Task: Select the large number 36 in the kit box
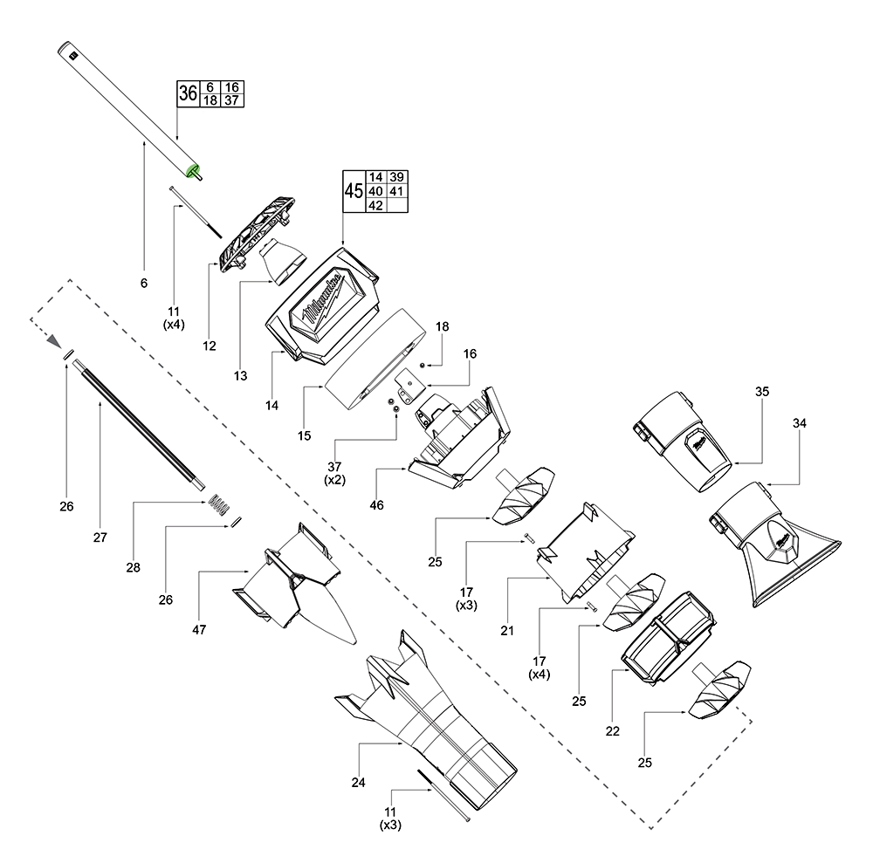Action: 188,94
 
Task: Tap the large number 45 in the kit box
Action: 354,191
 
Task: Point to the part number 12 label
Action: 210,346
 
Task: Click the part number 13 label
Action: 241,376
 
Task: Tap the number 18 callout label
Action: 443,326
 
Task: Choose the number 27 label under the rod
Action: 100,538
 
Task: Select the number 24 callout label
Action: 358,782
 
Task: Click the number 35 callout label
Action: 761,392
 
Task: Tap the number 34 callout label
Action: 800,423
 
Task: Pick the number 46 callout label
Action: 378,505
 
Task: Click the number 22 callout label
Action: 612,731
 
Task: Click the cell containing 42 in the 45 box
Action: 377,205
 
